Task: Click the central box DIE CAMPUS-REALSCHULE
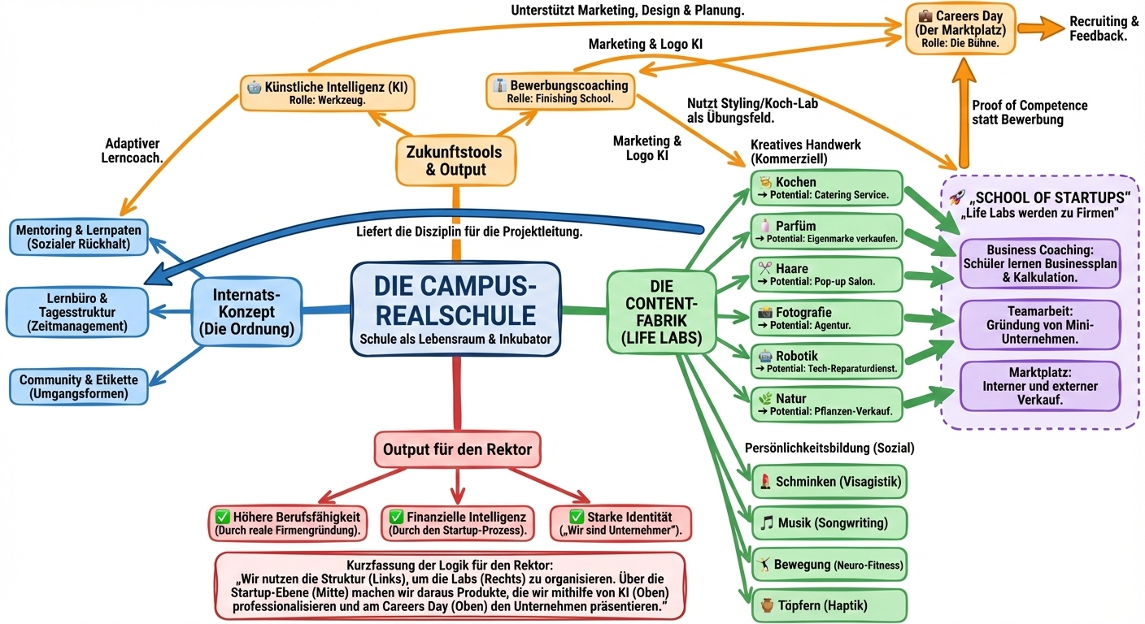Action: tap(455, 309)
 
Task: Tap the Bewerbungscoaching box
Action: tap(561, 91)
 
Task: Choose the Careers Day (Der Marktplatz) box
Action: tap(960, 28)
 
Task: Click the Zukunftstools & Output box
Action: tap(455, 160)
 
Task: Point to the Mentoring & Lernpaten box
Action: tap(78, 236)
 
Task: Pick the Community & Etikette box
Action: tap(78, 387)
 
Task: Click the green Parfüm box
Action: tap(826, 232)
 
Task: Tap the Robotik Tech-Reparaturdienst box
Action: tap(826, 362)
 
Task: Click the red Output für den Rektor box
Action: tap(457, 449)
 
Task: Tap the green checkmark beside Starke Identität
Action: tap(577, 517)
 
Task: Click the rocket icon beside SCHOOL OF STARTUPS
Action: tap(957, 197)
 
